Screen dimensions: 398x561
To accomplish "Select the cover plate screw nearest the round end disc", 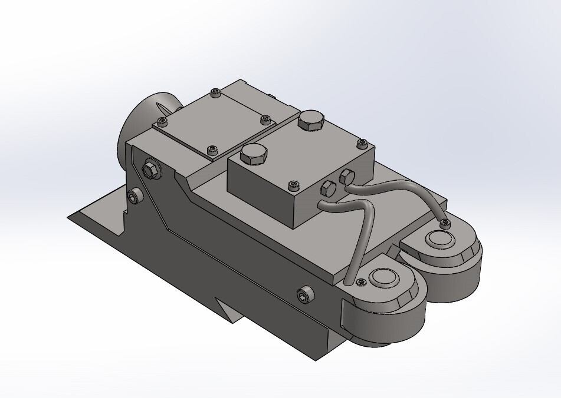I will pos(162,121).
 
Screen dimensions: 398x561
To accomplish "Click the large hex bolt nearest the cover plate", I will pos(254,155).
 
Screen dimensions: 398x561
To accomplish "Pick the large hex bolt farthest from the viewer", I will pos(311,121).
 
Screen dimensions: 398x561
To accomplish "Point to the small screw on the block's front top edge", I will pos(291,185).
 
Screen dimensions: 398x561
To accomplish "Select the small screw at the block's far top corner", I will pos(362,143).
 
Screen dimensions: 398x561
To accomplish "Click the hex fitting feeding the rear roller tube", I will pos(347,175).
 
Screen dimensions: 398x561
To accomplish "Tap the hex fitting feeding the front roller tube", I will pos(327,189).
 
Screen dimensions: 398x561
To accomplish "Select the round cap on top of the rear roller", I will pos(439,238).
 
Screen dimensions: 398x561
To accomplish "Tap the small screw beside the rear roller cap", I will pos(445,223).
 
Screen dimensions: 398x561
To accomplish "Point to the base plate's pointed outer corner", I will pos(68,216).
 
